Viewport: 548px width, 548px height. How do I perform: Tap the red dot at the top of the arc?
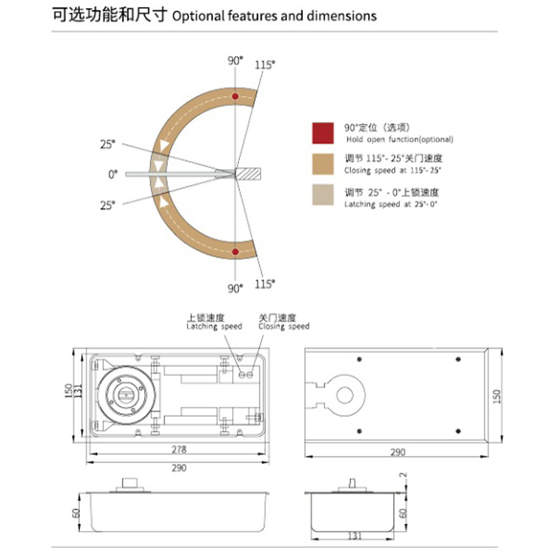236,95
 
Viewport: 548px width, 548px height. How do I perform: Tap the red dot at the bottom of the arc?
236,253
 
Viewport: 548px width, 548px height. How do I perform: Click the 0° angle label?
113,175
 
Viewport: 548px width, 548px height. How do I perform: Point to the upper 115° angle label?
265,64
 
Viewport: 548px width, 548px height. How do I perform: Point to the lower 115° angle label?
265,284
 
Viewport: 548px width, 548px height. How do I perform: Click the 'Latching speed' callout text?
214,327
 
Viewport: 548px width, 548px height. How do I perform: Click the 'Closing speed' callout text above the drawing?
284,327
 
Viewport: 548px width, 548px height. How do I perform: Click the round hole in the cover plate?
343,395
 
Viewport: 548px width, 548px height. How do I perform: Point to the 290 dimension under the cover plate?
397,452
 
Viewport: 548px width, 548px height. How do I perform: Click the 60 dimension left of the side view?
76,512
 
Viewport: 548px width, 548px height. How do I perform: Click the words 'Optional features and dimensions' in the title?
274,15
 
